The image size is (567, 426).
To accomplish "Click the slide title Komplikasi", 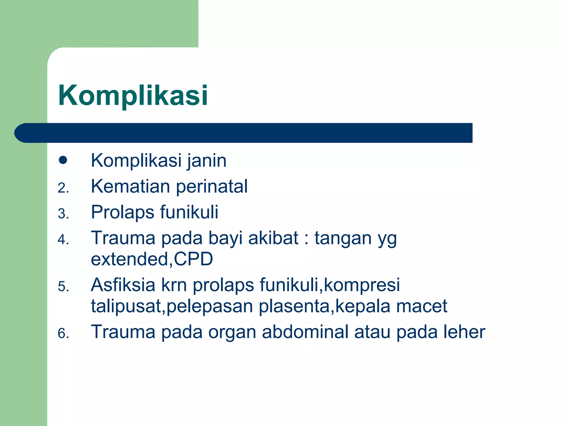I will pos(133,96).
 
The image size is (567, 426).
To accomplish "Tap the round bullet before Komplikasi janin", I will pos(63,160).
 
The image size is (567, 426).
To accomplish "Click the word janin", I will pos(207,161).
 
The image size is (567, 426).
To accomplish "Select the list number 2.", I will pos(63,188).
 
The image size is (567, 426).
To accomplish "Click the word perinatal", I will pos(212,187).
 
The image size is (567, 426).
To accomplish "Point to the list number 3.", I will pos(63,214).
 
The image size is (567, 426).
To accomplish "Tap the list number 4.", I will pos(63,239).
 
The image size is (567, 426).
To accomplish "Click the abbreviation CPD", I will pos(194,259).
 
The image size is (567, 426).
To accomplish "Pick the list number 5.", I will pos(63,286).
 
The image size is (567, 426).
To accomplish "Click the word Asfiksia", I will pos(123,285).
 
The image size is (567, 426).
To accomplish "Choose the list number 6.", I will pos(63,333).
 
